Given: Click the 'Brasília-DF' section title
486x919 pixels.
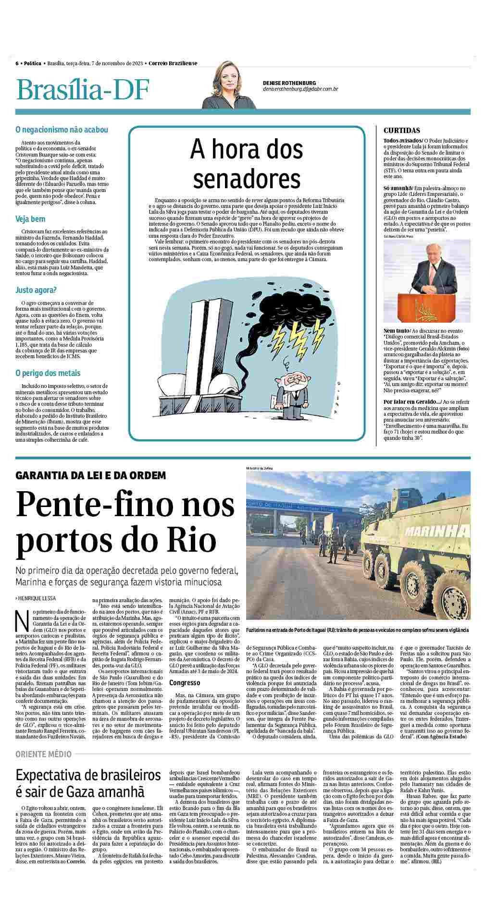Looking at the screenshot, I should click(x=83, y=90).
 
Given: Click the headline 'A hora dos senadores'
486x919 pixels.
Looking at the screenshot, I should click(x=246, y=163).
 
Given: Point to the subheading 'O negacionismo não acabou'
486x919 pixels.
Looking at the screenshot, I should click(x=62, y=130).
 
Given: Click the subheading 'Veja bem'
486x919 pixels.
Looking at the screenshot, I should click(x=30, y=219).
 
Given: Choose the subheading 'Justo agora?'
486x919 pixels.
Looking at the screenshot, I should click(x=36, y=290).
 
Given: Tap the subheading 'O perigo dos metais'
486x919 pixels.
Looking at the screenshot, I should click(x=48, y=373).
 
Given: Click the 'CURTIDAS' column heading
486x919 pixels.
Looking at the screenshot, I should click(x=401, y=131).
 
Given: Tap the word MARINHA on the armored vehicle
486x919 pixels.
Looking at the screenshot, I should click(x=436, y=531).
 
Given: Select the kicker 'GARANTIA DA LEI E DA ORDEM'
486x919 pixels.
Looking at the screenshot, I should click(x=91, y=475).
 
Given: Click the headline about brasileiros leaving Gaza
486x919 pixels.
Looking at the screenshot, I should click(x=88, y=783).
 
